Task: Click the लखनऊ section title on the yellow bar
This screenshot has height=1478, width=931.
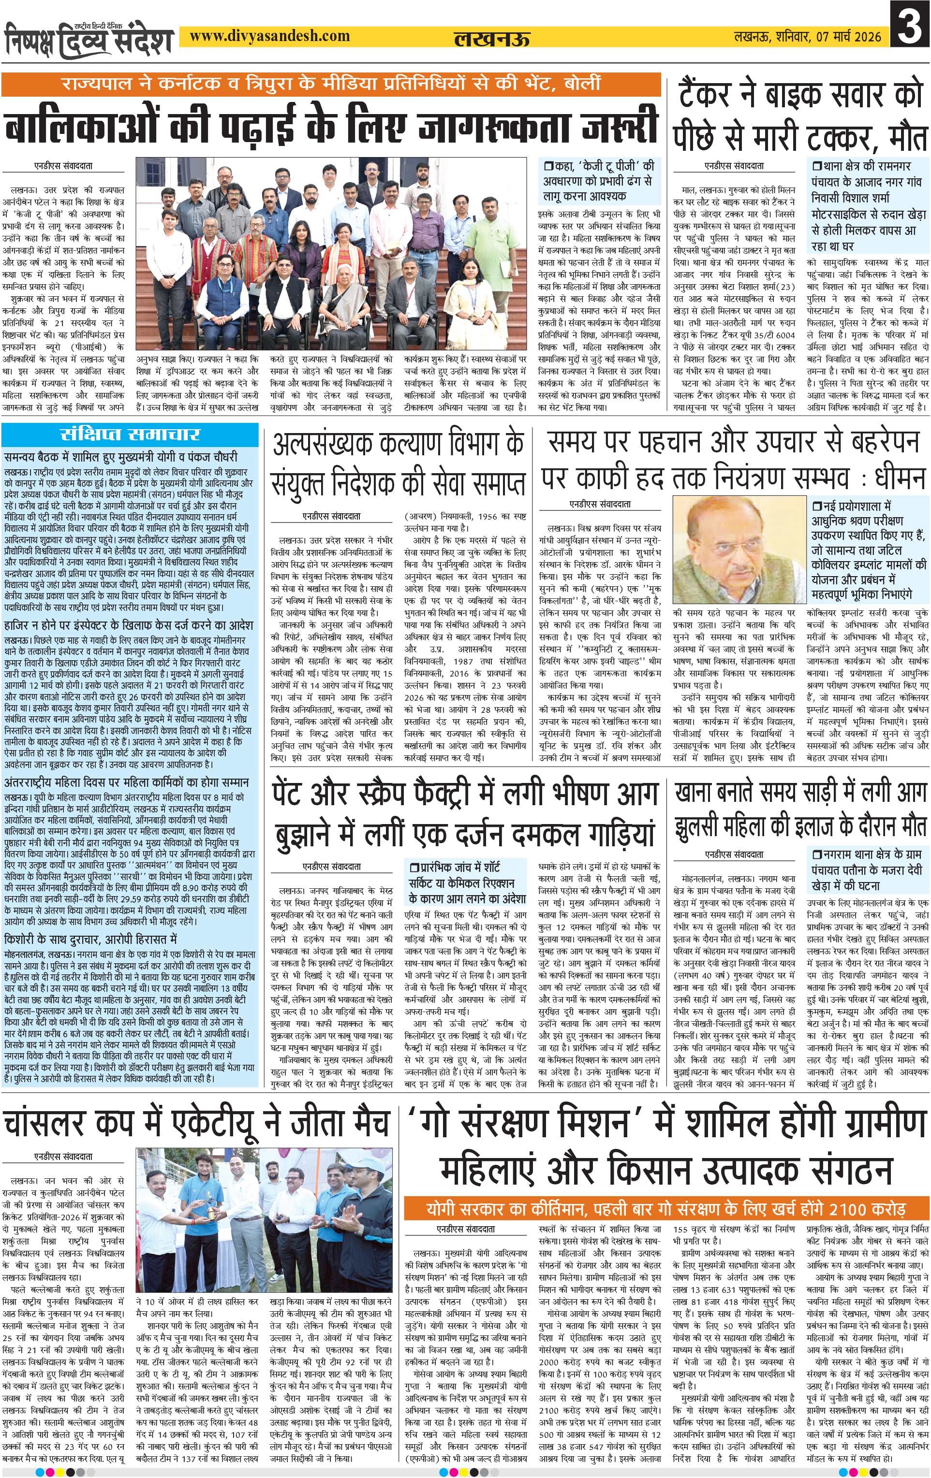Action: pos(491,39)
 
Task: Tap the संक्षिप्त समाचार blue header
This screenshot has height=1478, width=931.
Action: pos(131,435)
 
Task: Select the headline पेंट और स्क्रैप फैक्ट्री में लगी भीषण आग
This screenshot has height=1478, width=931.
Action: pos(464,796)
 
